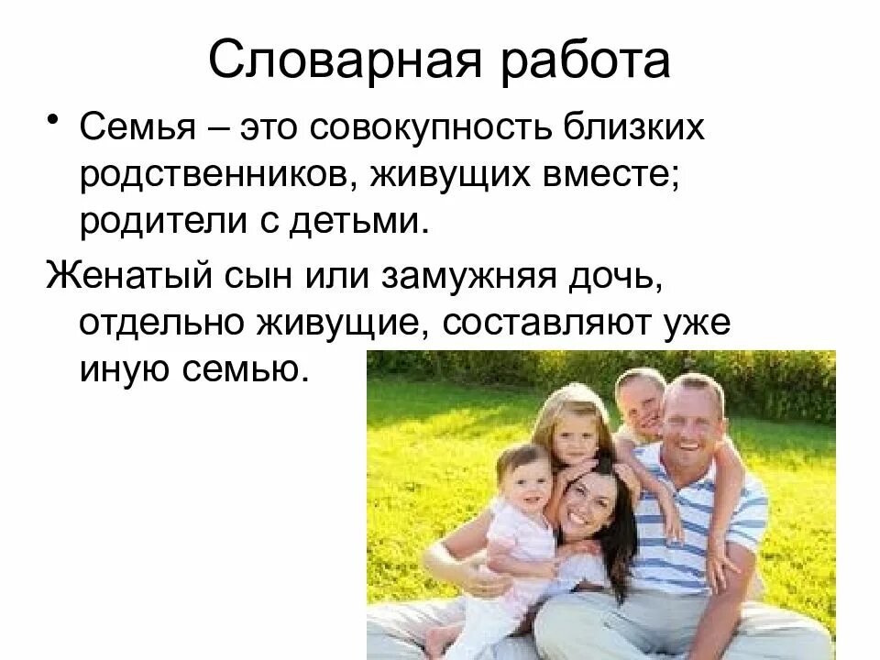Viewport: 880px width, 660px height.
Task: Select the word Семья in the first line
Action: [138, 128]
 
